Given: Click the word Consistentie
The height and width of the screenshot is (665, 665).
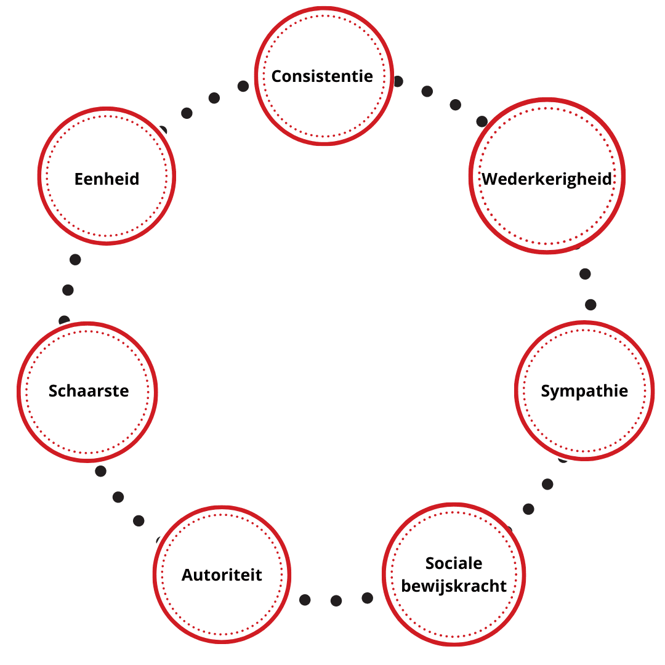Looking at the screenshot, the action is click(322, 76).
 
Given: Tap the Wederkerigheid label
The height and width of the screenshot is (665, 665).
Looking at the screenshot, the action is click(547, 179).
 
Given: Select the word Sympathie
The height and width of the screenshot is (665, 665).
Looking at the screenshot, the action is click(584, 392).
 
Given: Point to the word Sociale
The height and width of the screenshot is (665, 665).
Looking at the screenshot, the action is click(454, 563).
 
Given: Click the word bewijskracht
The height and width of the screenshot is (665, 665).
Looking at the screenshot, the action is click(454, 586).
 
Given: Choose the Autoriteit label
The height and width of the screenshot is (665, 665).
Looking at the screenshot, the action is click(222, 575).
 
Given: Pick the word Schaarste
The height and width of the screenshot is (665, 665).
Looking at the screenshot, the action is click(89, 391).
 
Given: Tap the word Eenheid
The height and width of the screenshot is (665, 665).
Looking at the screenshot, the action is click(107, 179).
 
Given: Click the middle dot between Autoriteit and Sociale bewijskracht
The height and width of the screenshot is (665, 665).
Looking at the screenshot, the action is click(336, 600).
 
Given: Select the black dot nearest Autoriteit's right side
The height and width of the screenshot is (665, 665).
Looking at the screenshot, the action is click(305, 600).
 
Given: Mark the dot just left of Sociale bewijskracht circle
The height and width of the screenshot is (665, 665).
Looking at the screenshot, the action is click(367, 598).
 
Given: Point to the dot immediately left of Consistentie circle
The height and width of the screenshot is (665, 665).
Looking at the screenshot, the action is click(243, 86).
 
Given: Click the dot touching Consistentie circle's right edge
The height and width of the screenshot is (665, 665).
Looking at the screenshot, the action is click(398, 81).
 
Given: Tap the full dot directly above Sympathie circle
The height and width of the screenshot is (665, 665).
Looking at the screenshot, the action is click(590, 305).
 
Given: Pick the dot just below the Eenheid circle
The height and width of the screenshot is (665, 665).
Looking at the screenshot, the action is click(75, 260).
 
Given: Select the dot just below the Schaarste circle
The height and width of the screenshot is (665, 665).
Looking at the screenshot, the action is click(100, 471).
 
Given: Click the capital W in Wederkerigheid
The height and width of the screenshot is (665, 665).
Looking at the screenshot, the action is click(491, 179).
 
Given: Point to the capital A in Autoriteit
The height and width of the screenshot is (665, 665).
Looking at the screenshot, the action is click(188, 575).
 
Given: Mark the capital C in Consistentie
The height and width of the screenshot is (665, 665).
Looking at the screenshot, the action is click(277, 76).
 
